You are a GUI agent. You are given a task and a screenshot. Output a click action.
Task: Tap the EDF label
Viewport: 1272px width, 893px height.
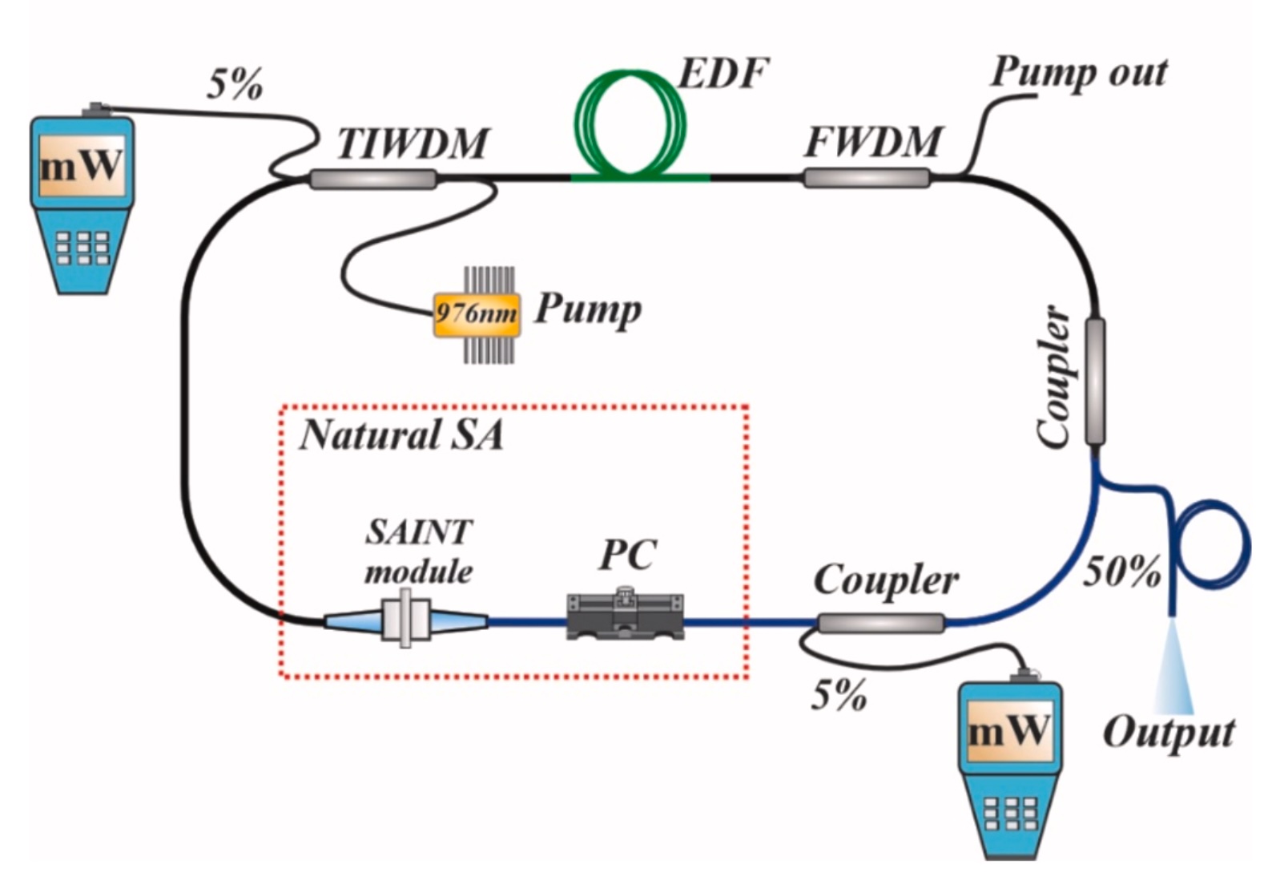723,74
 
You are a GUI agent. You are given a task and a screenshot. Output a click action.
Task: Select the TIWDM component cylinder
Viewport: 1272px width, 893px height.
373,179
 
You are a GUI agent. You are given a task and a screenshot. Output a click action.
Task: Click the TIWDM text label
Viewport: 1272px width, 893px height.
412,144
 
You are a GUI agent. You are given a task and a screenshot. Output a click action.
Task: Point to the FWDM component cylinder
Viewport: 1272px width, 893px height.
867,177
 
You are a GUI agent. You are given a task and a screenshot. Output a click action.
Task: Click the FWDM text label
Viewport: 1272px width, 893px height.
873,143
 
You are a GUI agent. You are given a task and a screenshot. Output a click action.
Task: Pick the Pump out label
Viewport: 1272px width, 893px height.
1078,72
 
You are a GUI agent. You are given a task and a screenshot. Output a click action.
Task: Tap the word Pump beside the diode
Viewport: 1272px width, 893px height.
588,309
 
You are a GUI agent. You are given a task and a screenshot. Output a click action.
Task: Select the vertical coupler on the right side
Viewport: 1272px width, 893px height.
1095,381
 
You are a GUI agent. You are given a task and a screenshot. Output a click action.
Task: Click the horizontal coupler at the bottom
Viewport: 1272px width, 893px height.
881,623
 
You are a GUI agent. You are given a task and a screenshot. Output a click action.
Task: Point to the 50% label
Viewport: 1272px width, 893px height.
1121,572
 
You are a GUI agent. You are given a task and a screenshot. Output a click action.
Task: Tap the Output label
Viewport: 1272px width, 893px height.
1169,733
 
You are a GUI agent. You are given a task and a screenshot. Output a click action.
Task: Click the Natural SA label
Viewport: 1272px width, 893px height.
401,435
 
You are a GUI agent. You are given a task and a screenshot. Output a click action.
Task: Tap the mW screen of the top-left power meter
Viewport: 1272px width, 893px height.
81,167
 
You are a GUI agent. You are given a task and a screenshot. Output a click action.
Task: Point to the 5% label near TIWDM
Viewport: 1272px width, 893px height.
235,84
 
